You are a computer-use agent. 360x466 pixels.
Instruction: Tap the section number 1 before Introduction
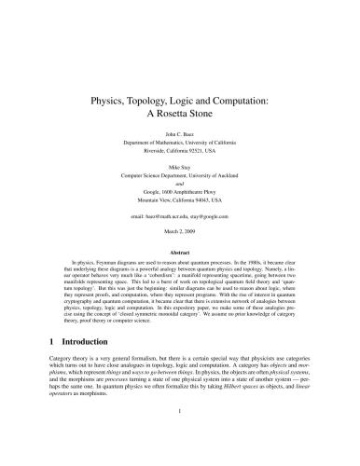coord(51,366)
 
